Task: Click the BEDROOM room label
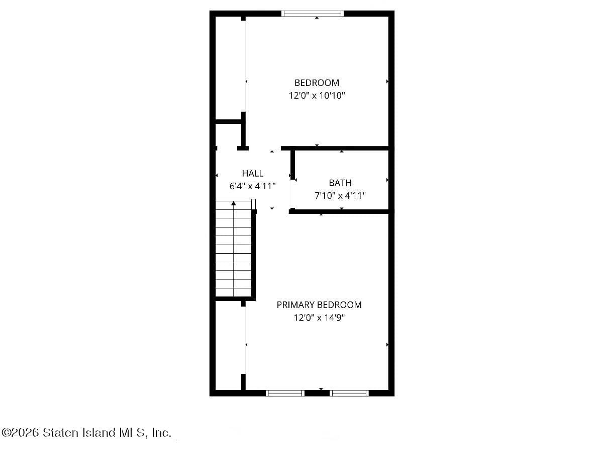pos(317,83)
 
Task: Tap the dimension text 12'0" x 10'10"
pos(317,96)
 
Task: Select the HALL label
pos(252,173)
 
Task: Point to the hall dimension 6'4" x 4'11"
pos(252,186)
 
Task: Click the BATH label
pos(340,183)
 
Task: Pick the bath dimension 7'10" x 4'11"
pos(340,196)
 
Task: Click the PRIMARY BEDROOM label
pos(319,305)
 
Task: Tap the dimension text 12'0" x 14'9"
pos(319,318)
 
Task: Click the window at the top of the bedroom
pos(313,14)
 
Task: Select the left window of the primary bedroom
pos(285,393)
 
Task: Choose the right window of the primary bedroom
pos(349,393)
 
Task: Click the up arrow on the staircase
pos(234,203)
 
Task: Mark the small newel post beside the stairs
pos(253,203)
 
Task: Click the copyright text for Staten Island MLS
pos(86,432)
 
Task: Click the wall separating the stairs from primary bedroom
pos(254,254)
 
